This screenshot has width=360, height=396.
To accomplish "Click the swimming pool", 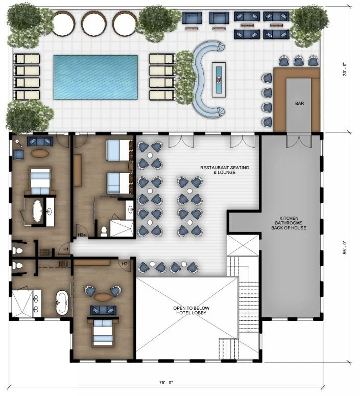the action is coord(95,77).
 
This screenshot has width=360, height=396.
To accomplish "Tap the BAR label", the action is coord(299,103).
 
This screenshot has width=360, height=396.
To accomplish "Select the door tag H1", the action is coord(66,249).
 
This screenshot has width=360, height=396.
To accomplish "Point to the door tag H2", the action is coord(125,264).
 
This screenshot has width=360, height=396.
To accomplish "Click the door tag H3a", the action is coord(82,235).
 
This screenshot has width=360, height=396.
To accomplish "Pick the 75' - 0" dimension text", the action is coord(166,383).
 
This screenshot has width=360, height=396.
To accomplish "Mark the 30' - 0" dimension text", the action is coord(345,69).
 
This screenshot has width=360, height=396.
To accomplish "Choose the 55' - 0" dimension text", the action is coord(345,247).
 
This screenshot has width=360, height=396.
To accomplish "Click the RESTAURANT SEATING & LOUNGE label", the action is coord(225,170).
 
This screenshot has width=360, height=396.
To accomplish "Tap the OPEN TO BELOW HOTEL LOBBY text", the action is coord(191,310).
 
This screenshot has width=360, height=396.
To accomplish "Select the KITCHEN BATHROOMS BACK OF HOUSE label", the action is coord(289,223).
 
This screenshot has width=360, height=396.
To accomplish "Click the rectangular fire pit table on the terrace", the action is coord(219,80).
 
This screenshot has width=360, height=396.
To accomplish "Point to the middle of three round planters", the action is coord(94,24).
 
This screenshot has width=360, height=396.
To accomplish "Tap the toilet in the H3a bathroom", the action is coord(104,231).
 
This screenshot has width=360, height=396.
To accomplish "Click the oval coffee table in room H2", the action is coord(103,297).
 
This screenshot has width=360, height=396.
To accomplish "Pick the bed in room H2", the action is coord(103,332).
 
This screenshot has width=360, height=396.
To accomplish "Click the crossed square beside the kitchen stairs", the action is coord(243,245).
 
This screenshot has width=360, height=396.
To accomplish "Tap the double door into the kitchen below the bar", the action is coord(299,142).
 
